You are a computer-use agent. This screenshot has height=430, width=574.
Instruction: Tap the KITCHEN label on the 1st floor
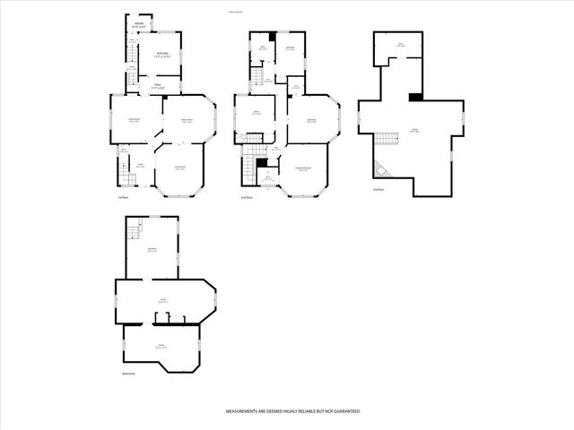pyautogui.click(x=161, y=56)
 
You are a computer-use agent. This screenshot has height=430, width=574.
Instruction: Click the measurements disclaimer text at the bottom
pyautogui.click(x=292, y=409)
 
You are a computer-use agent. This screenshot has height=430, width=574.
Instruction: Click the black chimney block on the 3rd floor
pyautogui.click(x=415, y=97)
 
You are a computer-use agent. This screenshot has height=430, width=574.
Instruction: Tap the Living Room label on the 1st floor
pyautogui.click(x=179, y=168)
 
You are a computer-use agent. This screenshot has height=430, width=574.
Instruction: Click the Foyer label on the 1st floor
pyautogui.click(x=139, y=164)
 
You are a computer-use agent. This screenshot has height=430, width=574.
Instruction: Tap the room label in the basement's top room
pyautogui.click(x=152, y=252)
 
